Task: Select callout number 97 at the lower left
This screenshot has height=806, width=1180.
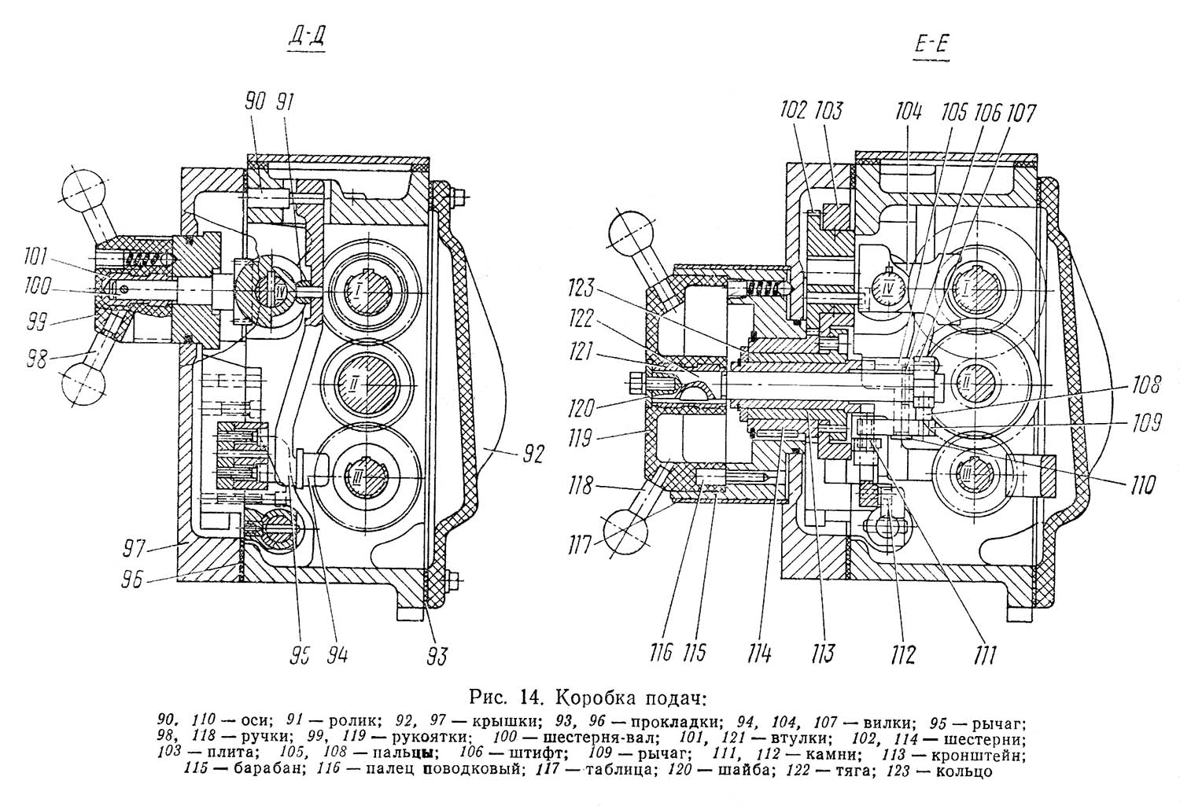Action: [133, 549]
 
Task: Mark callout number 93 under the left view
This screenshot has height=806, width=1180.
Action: [437, 657]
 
